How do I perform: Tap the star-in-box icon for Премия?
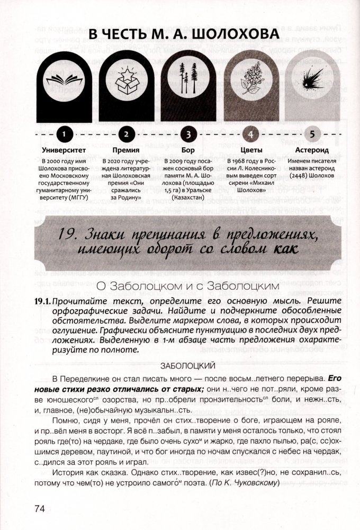(x=125, y=81)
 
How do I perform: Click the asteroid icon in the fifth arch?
(x=311, y=81)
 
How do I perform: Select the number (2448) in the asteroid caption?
(x=303, y=173)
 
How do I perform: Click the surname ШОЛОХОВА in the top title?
(x=230, y=35)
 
